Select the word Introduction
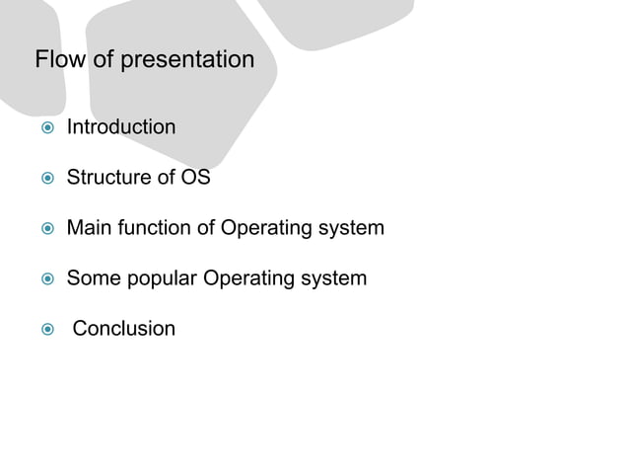pos(121,127)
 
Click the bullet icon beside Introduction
pos(44,128)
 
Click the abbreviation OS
pos(196,179)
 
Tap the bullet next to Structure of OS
pos(44,180)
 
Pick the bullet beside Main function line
pos(44,230)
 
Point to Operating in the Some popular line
pos(244,278)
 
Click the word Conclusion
pos(124,328)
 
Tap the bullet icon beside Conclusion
pos(44,329)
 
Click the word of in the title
pos(104,60)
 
